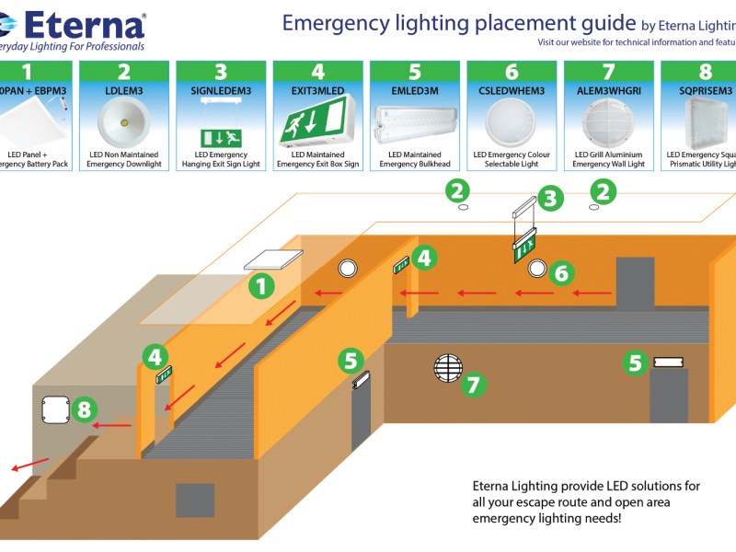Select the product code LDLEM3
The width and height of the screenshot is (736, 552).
click(123, 90)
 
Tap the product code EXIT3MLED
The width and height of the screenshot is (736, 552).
click(317, 90)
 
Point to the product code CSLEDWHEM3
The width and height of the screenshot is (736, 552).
click(512, 90)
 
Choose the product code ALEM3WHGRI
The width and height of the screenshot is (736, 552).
click(608, 90)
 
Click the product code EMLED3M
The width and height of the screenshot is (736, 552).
click(414, 90)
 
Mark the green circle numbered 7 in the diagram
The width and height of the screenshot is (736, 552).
click(473, 384)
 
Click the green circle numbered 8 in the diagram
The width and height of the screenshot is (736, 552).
click(84, 408)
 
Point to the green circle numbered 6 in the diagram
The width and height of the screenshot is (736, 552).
click(562, 272)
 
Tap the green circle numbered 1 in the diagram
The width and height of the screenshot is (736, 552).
click(263, 286)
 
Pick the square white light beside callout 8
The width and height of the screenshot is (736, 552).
click(54, 412)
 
